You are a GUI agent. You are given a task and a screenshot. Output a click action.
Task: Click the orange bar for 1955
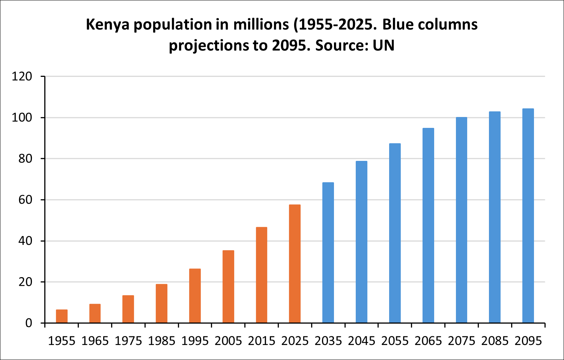click(x=62, y=316)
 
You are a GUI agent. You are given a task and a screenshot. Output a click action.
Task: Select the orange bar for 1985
click(x=161, y=303)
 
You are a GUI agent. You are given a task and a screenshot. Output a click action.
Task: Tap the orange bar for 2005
click(x=228, y=286)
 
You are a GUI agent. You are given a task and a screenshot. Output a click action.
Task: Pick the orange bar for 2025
click(x=295, y=264)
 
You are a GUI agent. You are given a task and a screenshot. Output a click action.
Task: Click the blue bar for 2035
click(x=328, y=253)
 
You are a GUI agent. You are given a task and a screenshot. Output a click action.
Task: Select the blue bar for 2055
click(x=395, y=233)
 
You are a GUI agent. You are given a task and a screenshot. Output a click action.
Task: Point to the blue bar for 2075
click(x=462, y=220)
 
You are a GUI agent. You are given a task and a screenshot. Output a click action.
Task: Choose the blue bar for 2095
click(x=528, y=216)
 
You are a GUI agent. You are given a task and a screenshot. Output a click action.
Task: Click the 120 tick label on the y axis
click(x=22, y=76)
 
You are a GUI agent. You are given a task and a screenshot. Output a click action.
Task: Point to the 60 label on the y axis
click(x=26, y=200)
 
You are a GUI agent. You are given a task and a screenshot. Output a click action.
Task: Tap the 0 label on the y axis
click(x=29, y=323)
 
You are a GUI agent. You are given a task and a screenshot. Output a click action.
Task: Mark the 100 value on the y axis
click(x=22, y=118)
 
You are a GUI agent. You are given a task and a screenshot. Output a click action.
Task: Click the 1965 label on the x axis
click(x=95, y=341)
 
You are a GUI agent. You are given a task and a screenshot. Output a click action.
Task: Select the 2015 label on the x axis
click(x=262, y=341)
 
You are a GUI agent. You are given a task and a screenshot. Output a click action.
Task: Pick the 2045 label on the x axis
click(x=361, y=341)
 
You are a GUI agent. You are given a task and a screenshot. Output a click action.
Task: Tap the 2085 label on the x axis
click(x=495, y=341)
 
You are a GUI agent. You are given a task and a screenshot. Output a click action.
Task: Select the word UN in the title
click(x=384, y=46)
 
